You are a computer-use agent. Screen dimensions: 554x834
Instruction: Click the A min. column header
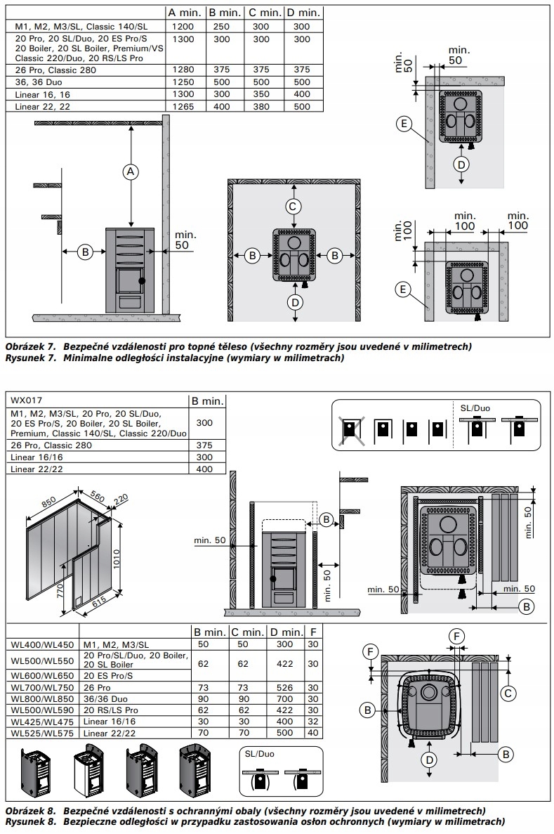click(x=184, y=12)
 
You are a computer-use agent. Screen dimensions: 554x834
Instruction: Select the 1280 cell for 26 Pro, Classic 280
click(x=183, y=70)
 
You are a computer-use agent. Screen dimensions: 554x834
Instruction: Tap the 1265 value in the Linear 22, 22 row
click(x=183, y=106)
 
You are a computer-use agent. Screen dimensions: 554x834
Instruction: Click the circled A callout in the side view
click(x=131, y=172)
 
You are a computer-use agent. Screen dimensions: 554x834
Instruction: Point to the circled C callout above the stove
click(x=293, y=206)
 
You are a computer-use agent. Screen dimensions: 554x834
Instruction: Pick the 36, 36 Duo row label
click(x=39, y=82)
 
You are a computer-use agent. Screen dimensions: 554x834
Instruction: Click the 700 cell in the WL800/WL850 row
click(x=284, y=699)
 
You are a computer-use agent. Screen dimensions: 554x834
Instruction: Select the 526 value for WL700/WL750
click(x=284, y=687)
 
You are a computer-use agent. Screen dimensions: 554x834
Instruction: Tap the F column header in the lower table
click(x=313, y=632)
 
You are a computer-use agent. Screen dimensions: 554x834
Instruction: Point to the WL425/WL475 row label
click(x=43, y=722)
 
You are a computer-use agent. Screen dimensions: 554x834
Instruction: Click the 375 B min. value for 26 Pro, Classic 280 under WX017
click(x=204, y=445)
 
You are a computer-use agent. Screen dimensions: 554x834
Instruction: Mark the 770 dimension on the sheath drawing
click(x=60, y=590)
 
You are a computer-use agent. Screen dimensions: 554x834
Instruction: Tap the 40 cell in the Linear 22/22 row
click(x=313, y=733)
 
